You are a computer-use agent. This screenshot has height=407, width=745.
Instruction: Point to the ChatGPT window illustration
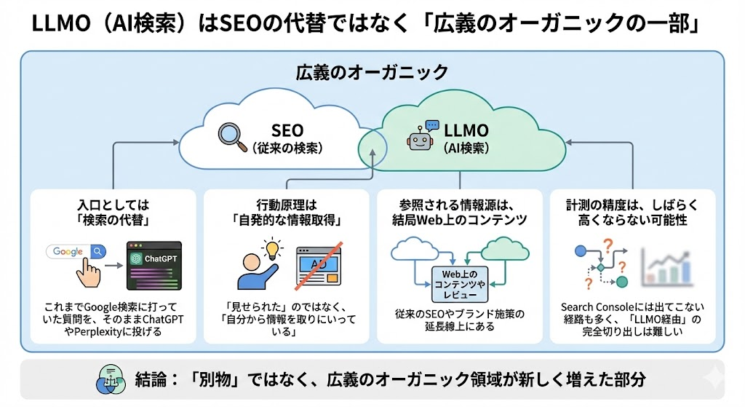[153, 266]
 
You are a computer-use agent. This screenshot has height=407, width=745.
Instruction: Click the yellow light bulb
[273, 250]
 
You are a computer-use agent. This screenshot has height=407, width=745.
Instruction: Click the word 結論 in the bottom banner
[152, 380]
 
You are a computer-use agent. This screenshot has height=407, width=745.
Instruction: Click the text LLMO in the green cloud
[465, 130]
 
